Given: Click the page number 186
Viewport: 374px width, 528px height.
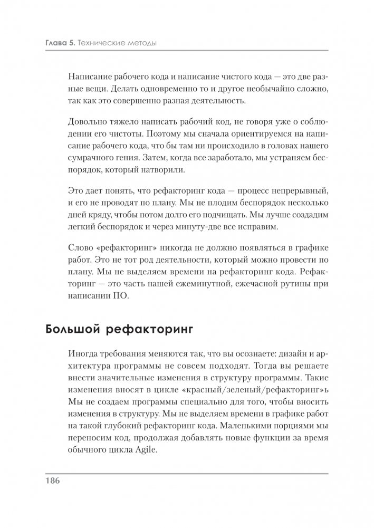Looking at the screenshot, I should pos(54,481).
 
